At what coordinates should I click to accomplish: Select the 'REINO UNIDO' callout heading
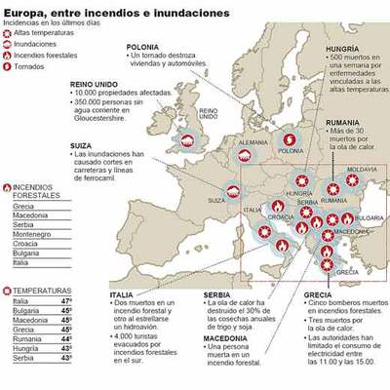pyautogui.click(x=94, y=86)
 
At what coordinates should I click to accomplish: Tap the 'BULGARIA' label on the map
pyautogui.click(x=369, y=218)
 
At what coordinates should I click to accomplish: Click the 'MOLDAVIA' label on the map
pyautogui.click(x=362, y=169)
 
